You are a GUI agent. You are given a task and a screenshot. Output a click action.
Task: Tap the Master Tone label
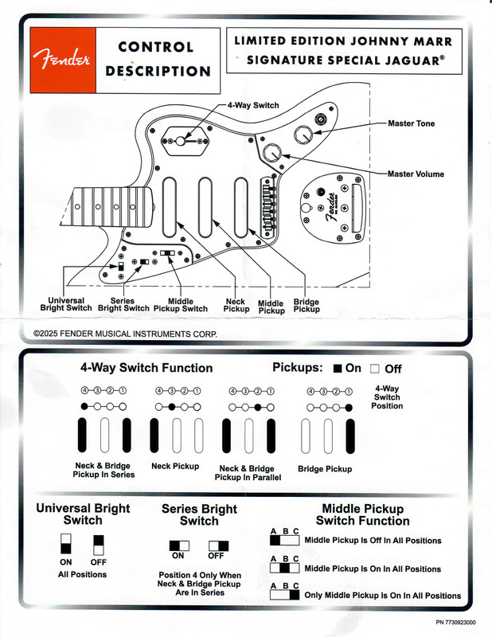click(x=411, y=123)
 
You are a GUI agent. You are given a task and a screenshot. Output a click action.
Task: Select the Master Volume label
click(x=416, y=174)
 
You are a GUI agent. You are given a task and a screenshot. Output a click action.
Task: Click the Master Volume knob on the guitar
click(x=273, y=150)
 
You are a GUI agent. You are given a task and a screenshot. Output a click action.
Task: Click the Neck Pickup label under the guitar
click(x=236, y=305)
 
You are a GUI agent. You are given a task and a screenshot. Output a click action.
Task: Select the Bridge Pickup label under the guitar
click(x=307, y=306)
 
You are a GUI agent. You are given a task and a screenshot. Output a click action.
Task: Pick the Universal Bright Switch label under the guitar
click(x=66, y=304)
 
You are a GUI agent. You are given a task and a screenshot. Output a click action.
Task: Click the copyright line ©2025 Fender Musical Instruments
click(x=125, y=334)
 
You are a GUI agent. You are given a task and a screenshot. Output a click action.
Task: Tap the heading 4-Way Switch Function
click(x=146, y=368)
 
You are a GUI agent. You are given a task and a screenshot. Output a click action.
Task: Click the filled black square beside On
click(x=338, y=369)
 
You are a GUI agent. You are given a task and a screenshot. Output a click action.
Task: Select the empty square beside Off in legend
click(x=374, y=369)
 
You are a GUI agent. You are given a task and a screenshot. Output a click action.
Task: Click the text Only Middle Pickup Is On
click(x=382, y=595)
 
